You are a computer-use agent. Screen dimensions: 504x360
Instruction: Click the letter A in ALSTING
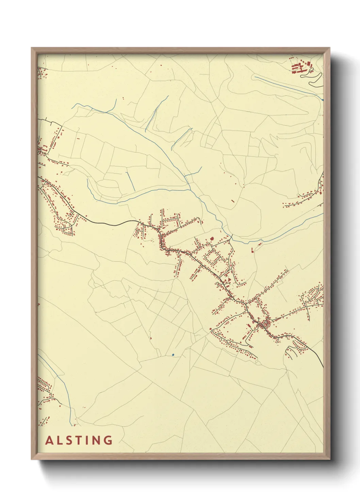tap(49, 440)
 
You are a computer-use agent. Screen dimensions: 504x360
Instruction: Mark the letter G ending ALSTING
tap(108, 440)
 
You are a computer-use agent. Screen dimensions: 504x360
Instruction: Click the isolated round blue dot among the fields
tap(173, 355)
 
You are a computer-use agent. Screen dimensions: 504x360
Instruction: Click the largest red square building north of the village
tap(212, 239)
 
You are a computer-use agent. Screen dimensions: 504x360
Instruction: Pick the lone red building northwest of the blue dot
tap(150, 338)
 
